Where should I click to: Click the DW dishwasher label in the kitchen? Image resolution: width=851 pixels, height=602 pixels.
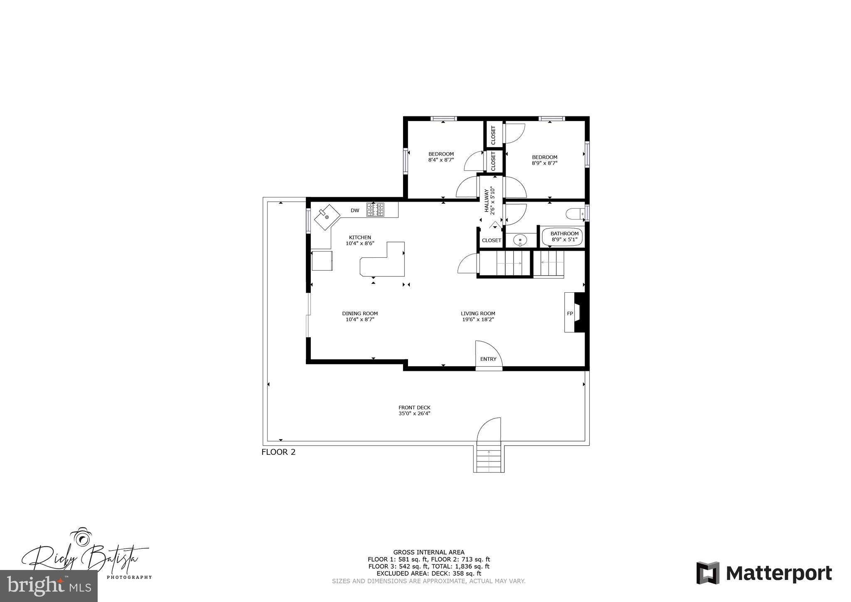354,210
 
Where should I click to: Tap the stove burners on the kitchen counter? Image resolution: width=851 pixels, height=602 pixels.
375,210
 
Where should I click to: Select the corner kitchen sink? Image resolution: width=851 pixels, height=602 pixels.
327,217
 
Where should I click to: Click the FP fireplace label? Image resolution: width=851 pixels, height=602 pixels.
570,313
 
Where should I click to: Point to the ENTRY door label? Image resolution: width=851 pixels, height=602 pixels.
488,359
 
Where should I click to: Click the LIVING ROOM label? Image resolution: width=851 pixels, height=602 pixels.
478,313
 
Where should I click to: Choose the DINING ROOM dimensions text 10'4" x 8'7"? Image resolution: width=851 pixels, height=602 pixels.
360,319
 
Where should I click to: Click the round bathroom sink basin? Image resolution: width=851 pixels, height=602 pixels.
520,240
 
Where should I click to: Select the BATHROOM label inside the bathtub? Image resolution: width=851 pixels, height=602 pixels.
564,234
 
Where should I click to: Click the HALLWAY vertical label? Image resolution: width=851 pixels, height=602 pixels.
486,200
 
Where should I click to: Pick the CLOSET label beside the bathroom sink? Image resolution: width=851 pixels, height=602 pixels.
492,240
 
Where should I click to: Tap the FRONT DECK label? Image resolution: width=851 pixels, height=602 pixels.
414,407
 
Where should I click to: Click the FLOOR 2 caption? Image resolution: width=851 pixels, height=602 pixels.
278,452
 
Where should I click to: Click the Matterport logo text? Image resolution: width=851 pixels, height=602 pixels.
779,574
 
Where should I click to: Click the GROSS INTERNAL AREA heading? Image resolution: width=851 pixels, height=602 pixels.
429,553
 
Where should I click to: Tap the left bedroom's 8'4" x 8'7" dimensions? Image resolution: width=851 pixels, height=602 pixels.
441,160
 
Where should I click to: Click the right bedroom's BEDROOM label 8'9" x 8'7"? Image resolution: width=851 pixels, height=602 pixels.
544,157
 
